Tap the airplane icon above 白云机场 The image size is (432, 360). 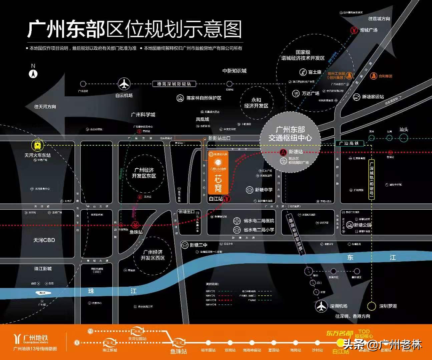pos(124,84)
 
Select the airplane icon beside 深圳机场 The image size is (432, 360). pos(322,306)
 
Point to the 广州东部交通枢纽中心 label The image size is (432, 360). pos(290,134)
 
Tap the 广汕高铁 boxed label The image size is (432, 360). pos(349,143)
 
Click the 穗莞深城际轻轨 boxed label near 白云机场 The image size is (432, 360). pos(174,84)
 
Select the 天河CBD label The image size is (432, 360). pos(44,240)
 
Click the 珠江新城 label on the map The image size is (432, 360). pos(43,269)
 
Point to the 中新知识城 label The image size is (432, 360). pos(235,71)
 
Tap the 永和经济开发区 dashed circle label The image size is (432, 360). pos(256,103)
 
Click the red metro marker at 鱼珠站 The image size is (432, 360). pos(135,224)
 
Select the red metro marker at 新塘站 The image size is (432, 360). pos(283,152)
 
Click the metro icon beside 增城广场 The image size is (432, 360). pos(354,30)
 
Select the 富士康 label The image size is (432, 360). pos(315,72)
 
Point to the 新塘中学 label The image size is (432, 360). pos(264,190)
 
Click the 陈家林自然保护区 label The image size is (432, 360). pos(204,98)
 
